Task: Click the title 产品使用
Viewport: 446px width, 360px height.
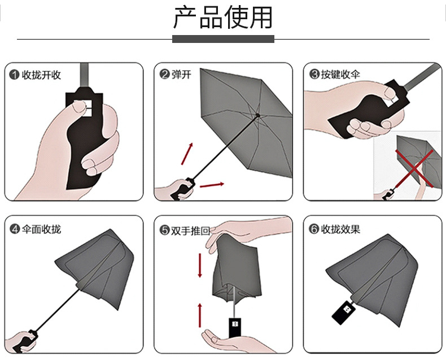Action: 222,18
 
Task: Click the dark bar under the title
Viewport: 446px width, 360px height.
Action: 224,39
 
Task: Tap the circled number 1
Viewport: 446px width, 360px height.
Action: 14,75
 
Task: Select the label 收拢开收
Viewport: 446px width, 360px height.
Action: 42,75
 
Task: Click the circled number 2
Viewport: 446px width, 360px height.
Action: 164,75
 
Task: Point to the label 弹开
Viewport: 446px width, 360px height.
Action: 181,75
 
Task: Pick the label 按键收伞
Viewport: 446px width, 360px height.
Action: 340,75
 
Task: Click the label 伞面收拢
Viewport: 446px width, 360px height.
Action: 42,229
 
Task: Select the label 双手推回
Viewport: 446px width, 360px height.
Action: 190,231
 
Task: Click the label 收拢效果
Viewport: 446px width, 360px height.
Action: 340,229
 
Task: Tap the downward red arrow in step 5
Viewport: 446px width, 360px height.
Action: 200,266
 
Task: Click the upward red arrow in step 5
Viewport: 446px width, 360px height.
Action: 200,315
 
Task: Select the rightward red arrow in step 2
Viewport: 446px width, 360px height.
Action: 212,185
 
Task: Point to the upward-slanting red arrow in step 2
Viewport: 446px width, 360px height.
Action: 187,154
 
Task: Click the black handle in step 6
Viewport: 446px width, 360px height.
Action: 343,313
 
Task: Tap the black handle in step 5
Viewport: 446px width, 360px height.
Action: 235,328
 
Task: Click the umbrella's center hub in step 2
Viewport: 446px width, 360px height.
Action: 257,115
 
